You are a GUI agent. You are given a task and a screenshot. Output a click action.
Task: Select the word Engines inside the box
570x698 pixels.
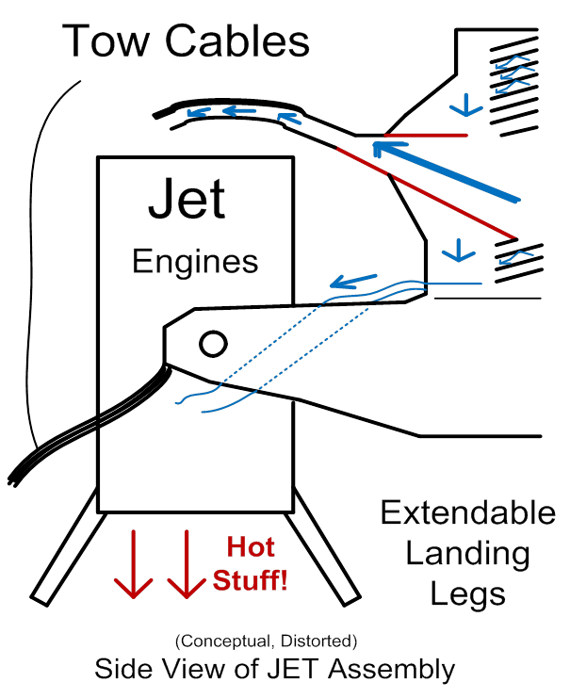[195, 261]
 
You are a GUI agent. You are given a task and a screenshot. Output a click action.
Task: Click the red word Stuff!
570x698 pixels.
[250, 579]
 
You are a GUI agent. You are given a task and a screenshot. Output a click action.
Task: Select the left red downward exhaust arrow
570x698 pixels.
[133, 564]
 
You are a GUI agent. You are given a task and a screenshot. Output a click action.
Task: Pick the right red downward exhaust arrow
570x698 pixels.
[186, 564]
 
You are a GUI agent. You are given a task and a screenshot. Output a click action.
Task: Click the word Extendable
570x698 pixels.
[467, 513]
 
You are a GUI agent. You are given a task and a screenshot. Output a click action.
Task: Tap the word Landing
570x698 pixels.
[467, 554]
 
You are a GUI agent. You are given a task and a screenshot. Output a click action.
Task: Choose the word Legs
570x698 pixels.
[467, 594]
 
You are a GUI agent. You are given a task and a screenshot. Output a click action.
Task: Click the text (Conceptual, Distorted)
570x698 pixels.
[266, 642]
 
